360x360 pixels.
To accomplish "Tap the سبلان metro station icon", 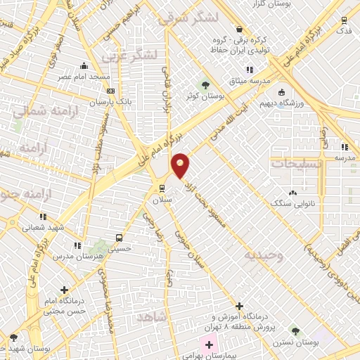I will pyautogui.click(x=162, y=188).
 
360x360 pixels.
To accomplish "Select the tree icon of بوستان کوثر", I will pyautogui.click(x=205, y=84).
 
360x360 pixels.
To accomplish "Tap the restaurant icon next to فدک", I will pyautogui.click(x=344, y=20).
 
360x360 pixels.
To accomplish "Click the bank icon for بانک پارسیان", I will pyautogui.click(x=110, y=91).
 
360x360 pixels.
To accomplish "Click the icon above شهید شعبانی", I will pyautogui.click(x=43, y=217).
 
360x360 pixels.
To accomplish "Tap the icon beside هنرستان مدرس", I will pyautogui.click(x=76, y=245).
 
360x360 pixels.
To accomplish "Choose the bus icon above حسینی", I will pyautogui.click(x=119, y=237).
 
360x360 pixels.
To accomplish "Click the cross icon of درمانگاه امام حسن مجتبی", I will pyautogui.click(x=64, y=289).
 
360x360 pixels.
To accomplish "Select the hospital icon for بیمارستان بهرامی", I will pyautogui.click(x=209, y=346).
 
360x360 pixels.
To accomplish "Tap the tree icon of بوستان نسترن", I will pyautogui.click(x=295, y=330).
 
